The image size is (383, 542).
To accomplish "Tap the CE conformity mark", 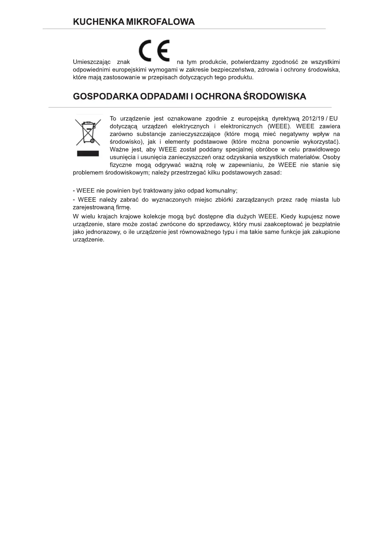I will coord(154,51).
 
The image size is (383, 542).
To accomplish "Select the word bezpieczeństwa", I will coord(229,70).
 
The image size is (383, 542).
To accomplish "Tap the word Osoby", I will coord(331,157).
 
